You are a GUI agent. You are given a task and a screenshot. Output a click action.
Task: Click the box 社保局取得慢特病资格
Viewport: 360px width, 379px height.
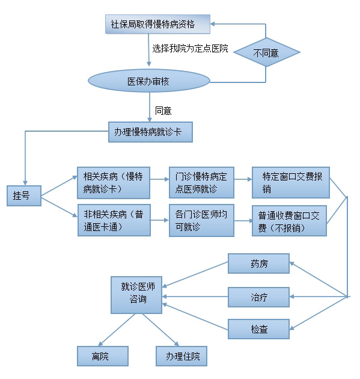click(x=157, y=24)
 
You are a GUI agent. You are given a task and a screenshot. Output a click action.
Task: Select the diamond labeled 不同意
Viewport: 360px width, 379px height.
click(x=267, y=52)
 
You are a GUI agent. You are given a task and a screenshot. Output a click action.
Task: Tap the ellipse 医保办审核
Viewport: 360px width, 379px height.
click(x=148, y=81)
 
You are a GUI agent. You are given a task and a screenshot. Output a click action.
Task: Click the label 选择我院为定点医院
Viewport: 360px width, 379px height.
click(x=190, y=48)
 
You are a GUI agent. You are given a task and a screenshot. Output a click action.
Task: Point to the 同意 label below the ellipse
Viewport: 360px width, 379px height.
click(x=163, y=111)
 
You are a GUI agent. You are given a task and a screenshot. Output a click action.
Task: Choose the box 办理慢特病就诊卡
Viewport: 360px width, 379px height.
click(x=150, y=132)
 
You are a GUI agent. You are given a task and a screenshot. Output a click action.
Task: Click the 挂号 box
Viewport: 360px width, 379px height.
click(x=24, y=196)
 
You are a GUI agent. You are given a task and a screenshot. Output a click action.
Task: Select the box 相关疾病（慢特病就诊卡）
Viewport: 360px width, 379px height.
click(x=114, y=183)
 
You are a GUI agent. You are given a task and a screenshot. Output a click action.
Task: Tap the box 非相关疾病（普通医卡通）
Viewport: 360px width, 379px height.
click(x=114, y=220)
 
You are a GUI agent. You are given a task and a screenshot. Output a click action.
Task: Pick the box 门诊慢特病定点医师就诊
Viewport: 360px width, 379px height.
click(x=201, y=182)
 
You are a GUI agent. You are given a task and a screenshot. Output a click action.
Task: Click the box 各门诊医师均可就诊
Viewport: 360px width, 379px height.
click(x=201, y=220)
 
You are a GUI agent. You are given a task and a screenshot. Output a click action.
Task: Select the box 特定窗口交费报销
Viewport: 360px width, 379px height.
click(x=291, y=182)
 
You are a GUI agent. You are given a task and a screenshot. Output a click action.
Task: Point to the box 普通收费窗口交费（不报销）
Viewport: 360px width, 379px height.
click(x=289, y=221)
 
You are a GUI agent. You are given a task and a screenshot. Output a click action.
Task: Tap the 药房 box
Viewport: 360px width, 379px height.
click(x=258, y=263)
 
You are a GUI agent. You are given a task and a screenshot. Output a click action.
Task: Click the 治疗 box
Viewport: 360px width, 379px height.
click(x=258, y=297)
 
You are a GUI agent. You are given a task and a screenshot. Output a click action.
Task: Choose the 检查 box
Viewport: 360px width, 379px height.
click(x=258, y=329)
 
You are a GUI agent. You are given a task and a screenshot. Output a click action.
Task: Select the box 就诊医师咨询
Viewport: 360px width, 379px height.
click(x=136, y=295)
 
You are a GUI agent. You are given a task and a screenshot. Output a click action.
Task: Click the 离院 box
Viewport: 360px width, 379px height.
click(x=103, y=356)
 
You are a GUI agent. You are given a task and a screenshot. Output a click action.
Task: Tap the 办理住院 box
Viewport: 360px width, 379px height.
click(x=182, y=356)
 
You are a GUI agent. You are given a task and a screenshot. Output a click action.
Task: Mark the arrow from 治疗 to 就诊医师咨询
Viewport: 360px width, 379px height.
click(x=195, y=297)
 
